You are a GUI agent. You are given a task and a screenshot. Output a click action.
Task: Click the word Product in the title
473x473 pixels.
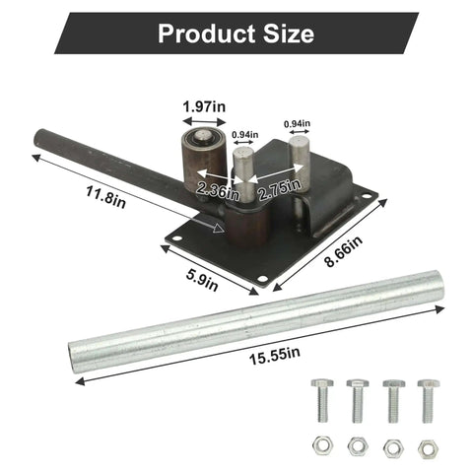click(x=207, y=34)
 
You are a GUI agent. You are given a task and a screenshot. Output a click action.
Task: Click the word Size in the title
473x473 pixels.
click(x=289, y=34)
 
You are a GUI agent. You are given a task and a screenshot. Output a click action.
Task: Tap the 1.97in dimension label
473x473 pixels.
click(x=204, y=106)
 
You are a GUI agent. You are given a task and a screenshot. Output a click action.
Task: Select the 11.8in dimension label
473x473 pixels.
click(x=105, y=197)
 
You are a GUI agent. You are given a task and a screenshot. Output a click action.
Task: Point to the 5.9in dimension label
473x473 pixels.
click(x=202, y=280)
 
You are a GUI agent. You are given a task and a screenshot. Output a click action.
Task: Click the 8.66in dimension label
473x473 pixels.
click(x=343, y=251)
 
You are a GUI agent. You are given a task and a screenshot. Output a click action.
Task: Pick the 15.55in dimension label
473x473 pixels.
click(x=274, y=356)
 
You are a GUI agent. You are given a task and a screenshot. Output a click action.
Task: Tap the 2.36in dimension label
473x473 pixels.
click(x=218, y=191)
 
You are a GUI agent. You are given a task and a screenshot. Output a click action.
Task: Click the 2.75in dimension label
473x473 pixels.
click(x=279, y=189)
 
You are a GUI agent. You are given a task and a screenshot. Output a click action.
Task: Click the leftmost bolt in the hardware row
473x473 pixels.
click(x=322, y=400)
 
